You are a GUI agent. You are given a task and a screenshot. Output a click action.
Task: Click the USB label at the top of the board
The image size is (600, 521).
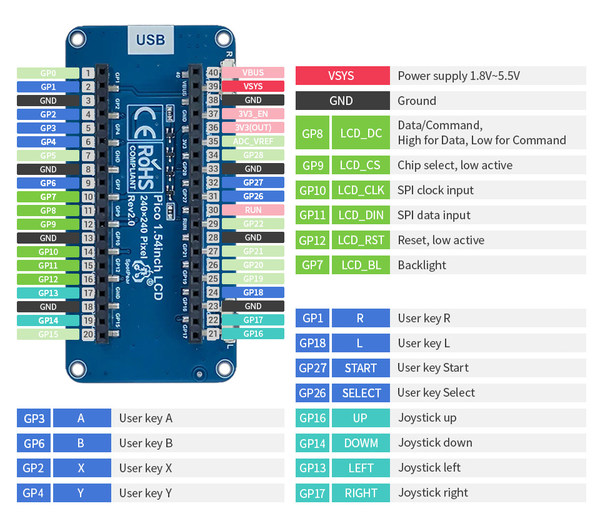click(151, 40)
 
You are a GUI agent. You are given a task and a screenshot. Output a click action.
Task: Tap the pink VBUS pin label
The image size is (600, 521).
click(253, 73)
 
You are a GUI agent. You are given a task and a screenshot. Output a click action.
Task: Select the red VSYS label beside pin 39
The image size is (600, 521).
click(253, 87)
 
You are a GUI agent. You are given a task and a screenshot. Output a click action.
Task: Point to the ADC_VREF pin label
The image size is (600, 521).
click(253, 142)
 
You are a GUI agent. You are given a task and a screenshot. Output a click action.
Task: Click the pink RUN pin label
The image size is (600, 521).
click(253, 211)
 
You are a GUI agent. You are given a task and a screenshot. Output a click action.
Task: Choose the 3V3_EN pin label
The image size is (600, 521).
click(253, 114)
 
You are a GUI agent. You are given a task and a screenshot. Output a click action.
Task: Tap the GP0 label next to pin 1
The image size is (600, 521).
click(48, 73)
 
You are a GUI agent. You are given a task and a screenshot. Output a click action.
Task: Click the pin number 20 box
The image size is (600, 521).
click(87, 334)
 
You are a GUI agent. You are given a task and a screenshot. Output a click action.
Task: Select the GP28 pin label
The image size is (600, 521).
click(253, 156)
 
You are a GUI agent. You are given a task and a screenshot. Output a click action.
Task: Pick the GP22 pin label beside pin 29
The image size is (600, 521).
click(253, 224)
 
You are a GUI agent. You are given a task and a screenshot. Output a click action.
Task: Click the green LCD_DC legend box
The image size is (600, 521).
click(361, 133)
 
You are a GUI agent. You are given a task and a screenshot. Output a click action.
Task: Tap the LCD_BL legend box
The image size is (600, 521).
click(361, 265)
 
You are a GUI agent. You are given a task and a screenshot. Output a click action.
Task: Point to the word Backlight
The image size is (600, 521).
click(422, 265)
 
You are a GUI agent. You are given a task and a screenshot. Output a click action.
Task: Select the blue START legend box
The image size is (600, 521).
click(361, 368)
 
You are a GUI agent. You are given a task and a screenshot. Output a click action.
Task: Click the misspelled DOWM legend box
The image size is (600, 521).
click(361, 443)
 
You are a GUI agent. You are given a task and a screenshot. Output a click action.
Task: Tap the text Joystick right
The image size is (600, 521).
click(432, 493)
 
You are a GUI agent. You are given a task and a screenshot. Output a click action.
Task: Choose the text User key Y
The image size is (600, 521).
click(145, 493)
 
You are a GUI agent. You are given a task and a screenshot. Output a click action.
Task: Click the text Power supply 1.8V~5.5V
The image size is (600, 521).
click(459, 76)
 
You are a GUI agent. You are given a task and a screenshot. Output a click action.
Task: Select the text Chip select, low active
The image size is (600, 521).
click(454, 166)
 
